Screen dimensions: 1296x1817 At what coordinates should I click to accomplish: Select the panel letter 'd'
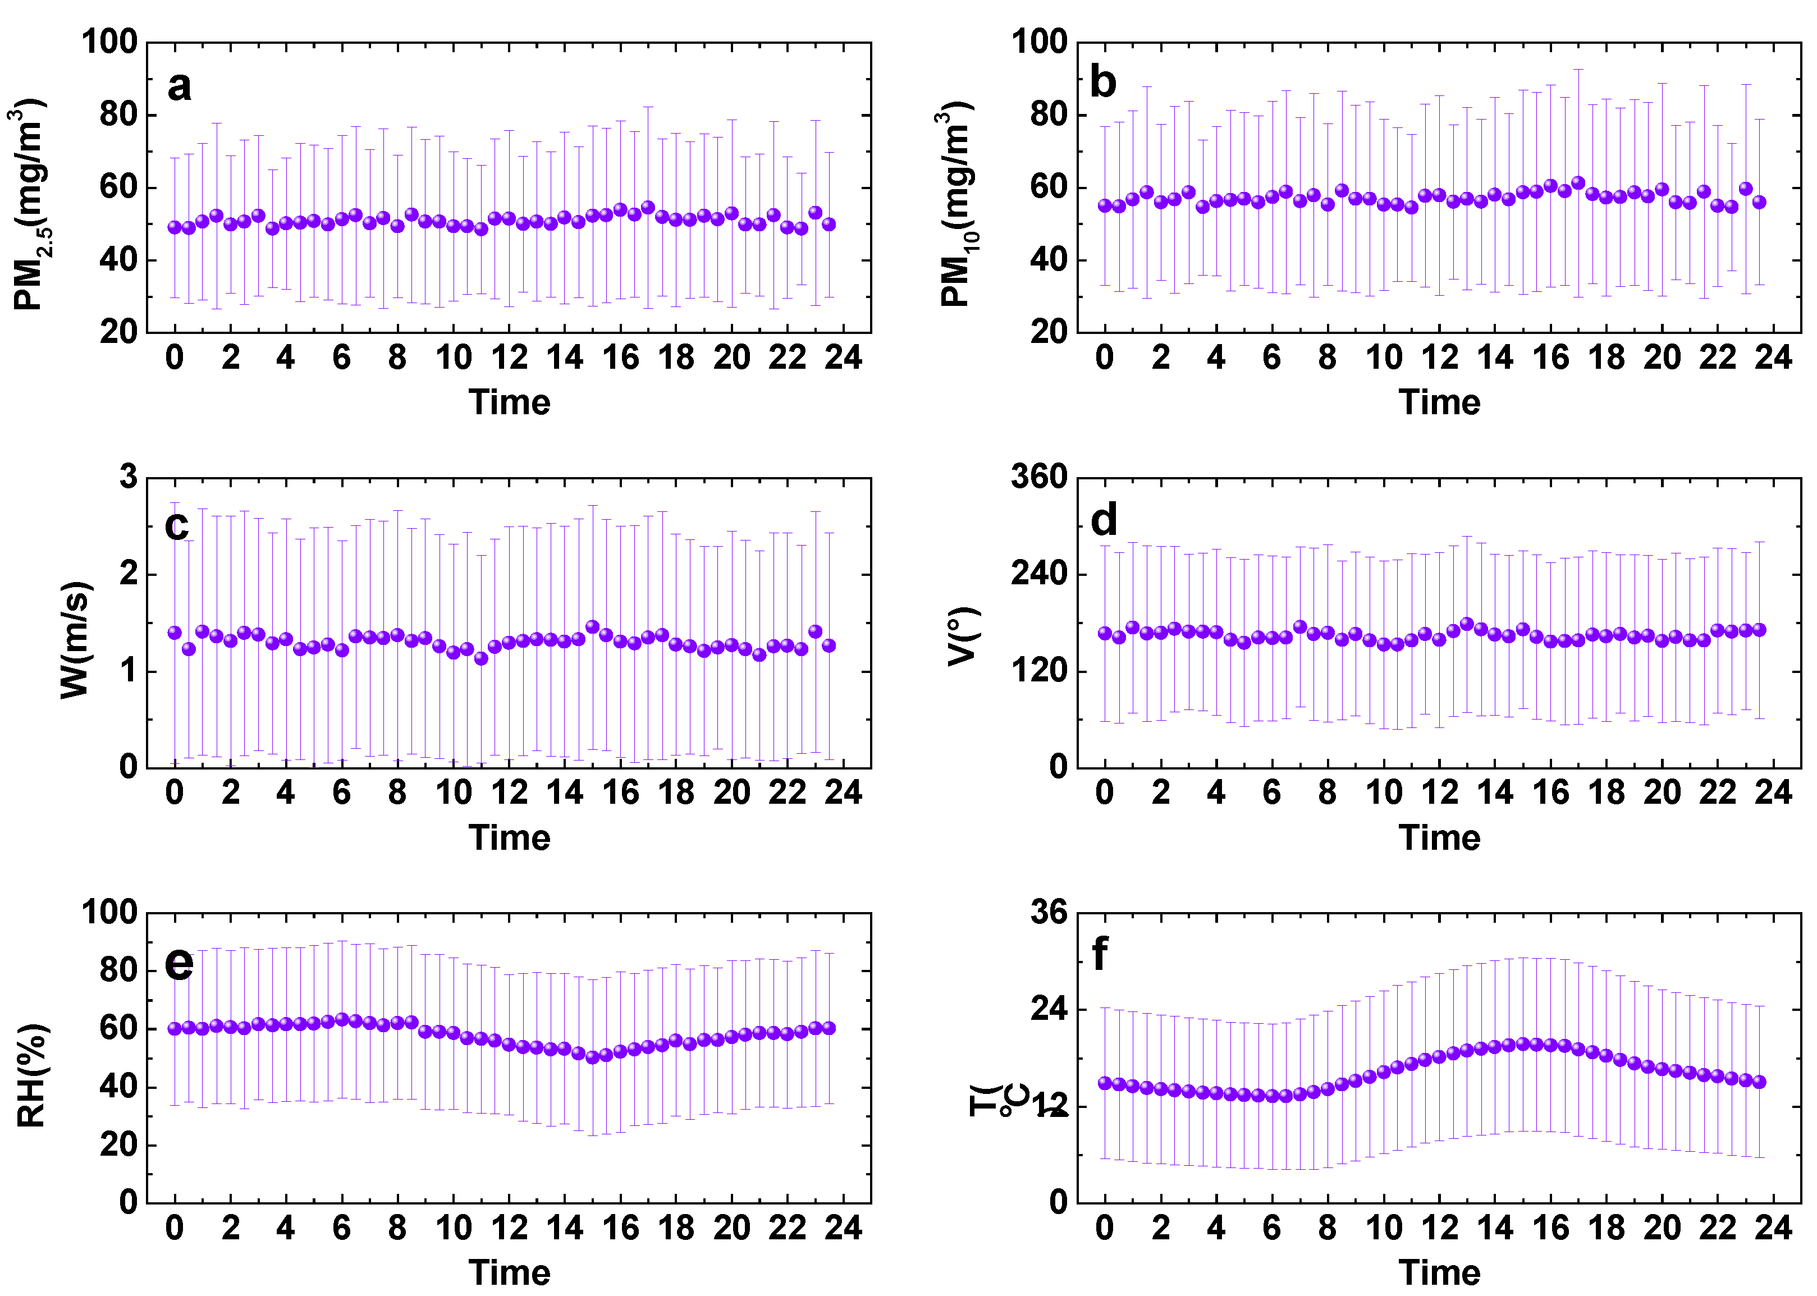[x=1104, y=520]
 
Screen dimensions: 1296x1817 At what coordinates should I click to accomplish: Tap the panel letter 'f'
[x=1100, y=954]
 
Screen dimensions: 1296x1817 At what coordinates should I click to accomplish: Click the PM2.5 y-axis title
[x=30, y=204]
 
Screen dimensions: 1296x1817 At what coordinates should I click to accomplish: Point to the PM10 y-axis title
[x=956, y=204]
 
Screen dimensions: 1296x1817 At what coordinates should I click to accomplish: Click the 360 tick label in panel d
[x=1038, y=477]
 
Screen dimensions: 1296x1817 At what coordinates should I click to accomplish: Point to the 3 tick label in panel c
[x=129, y=477]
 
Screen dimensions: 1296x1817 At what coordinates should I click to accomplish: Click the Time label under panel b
[x=1439, y=402]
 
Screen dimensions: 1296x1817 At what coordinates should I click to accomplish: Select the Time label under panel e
[x=509, y=1272]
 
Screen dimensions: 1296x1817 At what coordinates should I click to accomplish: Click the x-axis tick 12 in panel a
[x=509, y=358]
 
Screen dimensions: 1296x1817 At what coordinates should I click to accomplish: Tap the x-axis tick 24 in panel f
[x=1772, y=1228]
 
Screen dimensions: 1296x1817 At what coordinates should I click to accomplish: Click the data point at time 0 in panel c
[x=175, y=633]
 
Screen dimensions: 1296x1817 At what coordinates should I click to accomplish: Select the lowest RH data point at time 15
[x=592, y=1057]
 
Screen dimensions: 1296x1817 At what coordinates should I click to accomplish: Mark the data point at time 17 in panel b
[x=1578, y=183]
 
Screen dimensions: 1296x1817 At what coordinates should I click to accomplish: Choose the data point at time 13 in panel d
[x=1467, y=623]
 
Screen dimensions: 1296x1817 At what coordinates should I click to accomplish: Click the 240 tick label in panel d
[x=1038, y=573]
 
